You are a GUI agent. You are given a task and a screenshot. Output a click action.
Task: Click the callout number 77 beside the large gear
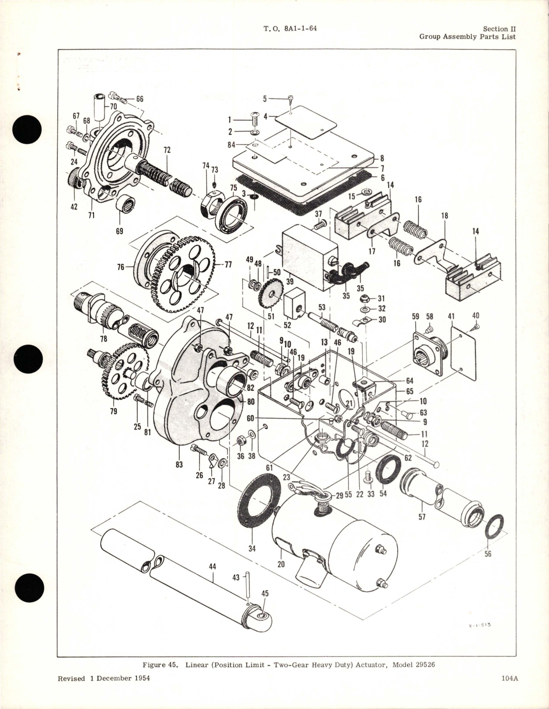pyautogui.click(x=228, y=264)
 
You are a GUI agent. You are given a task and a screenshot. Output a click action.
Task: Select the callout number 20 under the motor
pyautogui.click(x=281, y=564)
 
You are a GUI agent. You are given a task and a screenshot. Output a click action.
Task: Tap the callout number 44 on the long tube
pyautogui.click(x=213, y=567)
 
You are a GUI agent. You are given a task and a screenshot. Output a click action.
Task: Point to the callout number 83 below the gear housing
pyautogui.click(x=179, y=465)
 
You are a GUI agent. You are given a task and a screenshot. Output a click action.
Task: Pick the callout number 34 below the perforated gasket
pyautogui.click(x=252, y=548)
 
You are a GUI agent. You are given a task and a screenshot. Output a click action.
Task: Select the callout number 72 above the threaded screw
pyautogui.click(x=167, y=150)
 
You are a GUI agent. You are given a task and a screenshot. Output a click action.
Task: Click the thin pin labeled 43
pyautogui.click(x=247, y=587)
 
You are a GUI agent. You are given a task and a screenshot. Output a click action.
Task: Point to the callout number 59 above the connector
pyautogui.click(x=415, y=316)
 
